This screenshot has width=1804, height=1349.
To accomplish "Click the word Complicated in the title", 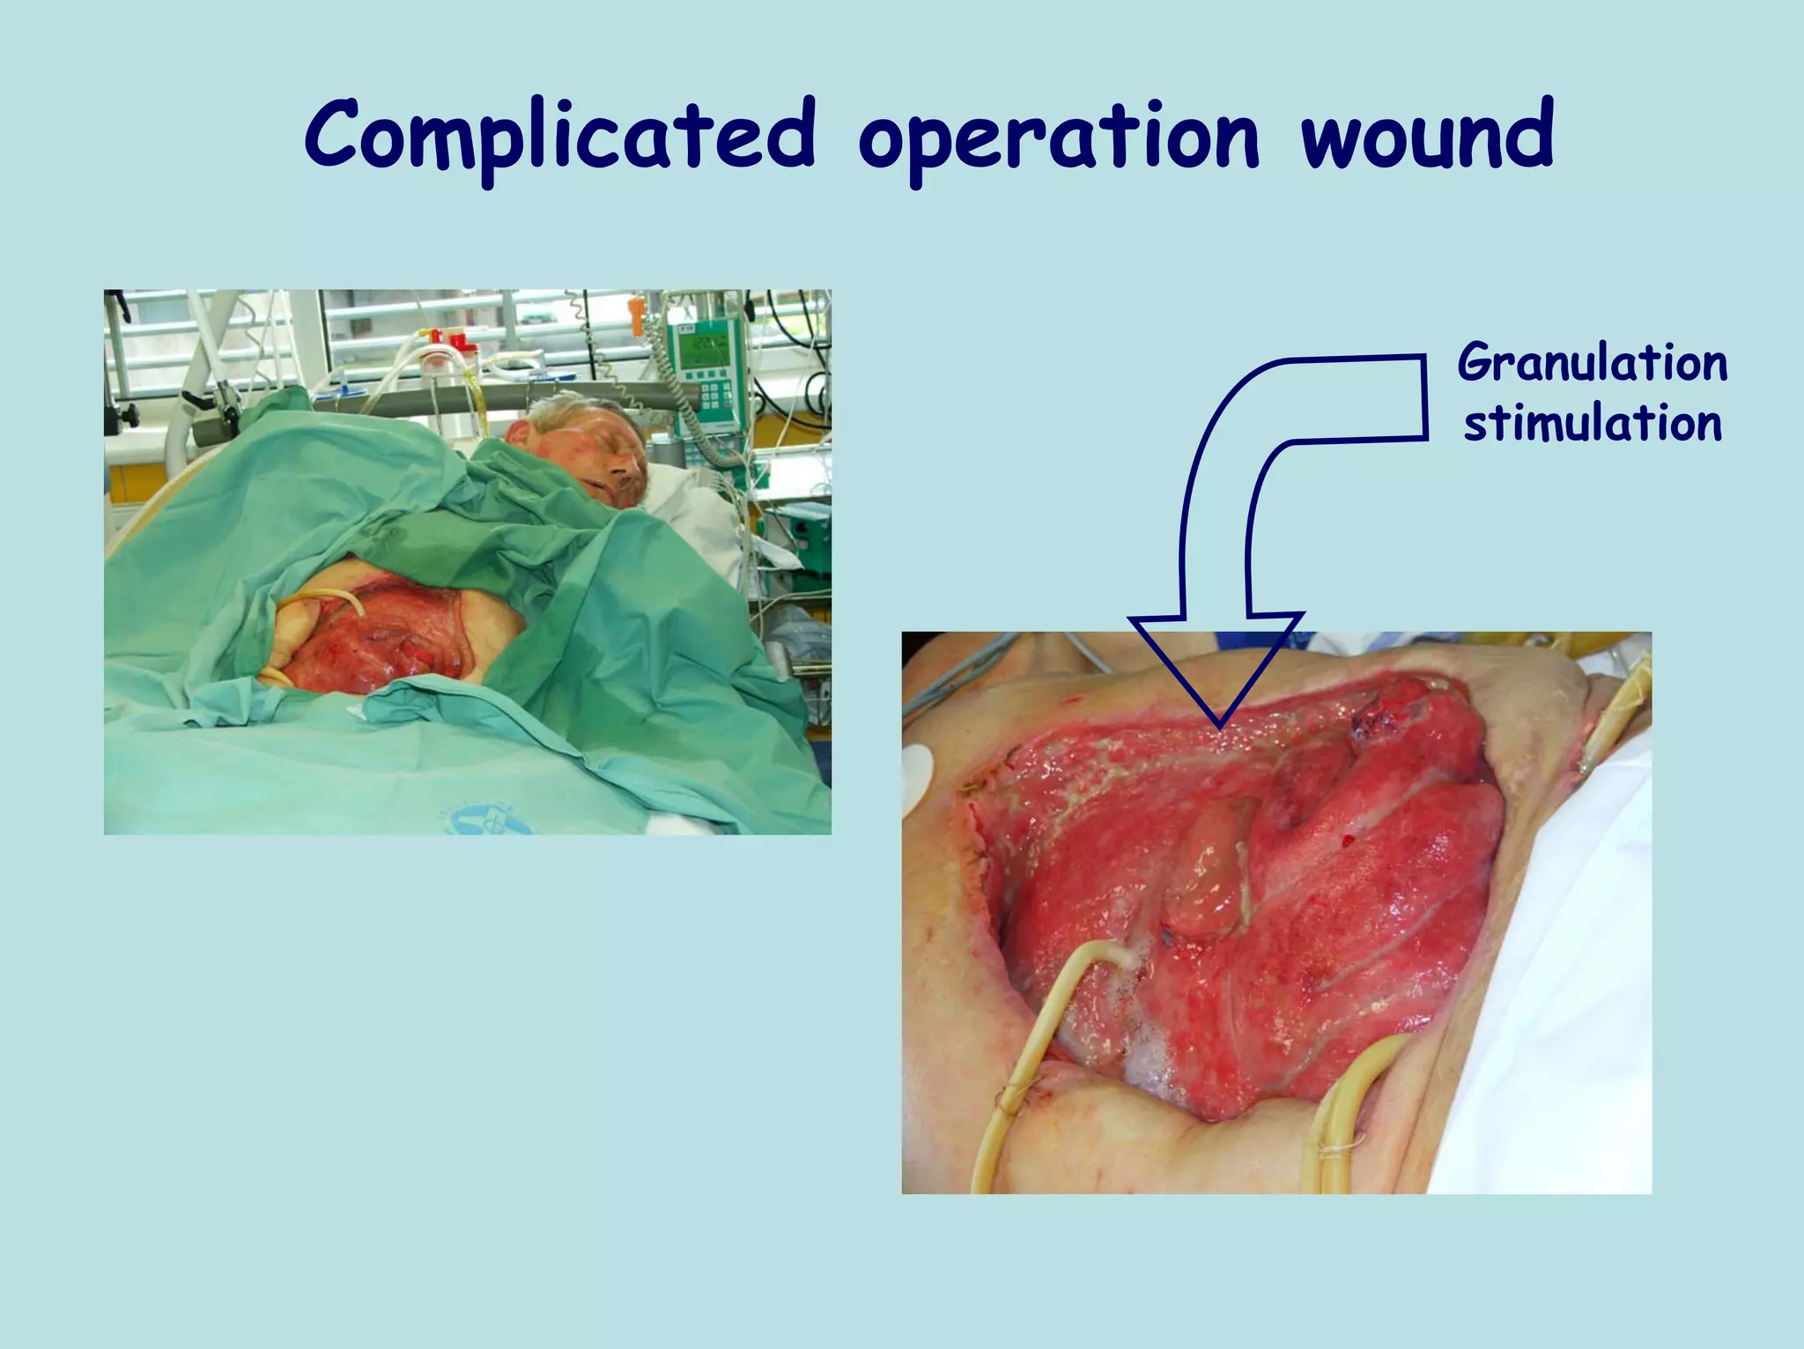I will click(560, 134).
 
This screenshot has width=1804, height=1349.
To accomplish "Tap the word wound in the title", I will click(1427, 134).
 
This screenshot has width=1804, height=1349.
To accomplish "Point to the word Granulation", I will click(1592, 363).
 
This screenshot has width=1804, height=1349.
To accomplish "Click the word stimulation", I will click(1592, 424).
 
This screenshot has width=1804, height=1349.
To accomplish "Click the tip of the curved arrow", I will click(1220, 724).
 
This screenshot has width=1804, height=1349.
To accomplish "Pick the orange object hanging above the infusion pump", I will click(635, 315).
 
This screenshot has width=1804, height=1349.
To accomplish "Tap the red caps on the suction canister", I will click(445, 338).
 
